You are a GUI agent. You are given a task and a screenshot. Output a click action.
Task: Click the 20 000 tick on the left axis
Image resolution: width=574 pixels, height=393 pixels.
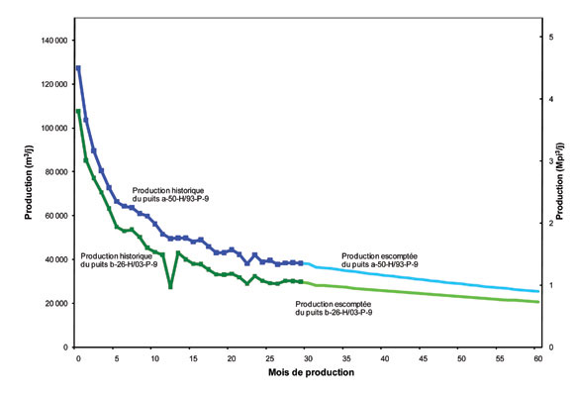click(49, 303)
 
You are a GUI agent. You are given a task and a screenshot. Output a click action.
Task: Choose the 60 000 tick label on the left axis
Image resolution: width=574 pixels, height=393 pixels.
click(49, 216)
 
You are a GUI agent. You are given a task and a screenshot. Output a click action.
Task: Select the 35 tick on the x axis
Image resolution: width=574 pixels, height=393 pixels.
click(345, 359)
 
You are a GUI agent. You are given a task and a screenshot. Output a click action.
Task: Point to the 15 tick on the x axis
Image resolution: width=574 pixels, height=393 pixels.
click(192, 359)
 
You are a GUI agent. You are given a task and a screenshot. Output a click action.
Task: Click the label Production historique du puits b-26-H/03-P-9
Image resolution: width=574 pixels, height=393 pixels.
click(113, 260)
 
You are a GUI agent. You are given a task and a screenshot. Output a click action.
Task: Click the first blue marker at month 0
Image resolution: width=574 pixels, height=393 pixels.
click(78, 68)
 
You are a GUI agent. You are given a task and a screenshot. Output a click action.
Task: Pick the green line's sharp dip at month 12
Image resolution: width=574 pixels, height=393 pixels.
click(170, 287)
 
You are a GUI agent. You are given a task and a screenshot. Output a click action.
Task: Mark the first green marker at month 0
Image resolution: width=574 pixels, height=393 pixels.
click(78, 111)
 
